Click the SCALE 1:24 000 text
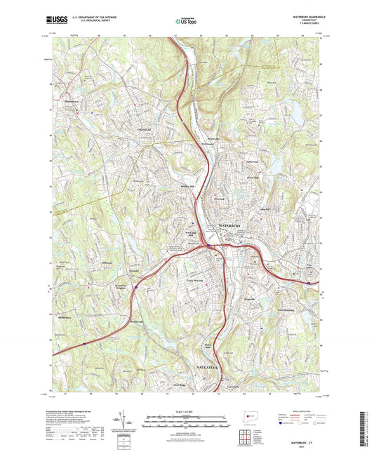pos(187,411)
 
